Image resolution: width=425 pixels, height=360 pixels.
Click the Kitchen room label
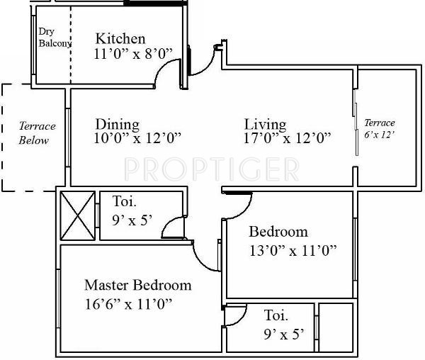(x=120, y=38)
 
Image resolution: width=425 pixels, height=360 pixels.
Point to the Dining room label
(x=117, y=124)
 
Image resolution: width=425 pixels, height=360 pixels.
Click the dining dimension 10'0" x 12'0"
(x=138, y=139)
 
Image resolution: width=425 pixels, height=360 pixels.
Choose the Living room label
(x=265, y=124)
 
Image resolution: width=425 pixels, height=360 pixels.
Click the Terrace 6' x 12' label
(x=379, y=128)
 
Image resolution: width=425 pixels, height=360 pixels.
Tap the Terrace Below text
(x=35, y=133)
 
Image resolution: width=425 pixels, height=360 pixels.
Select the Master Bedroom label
(x=137, y=285)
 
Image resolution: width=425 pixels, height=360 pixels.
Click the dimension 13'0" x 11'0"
(x=292, y=249)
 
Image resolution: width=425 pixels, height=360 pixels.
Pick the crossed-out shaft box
(x=77, y=215)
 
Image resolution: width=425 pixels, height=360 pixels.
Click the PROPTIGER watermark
(x=211, y=169)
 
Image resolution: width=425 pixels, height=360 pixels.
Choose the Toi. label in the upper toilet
(x=125, y=201)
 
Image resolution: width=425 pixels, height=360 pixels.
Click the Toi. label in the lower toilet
(x=276, y=315)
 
